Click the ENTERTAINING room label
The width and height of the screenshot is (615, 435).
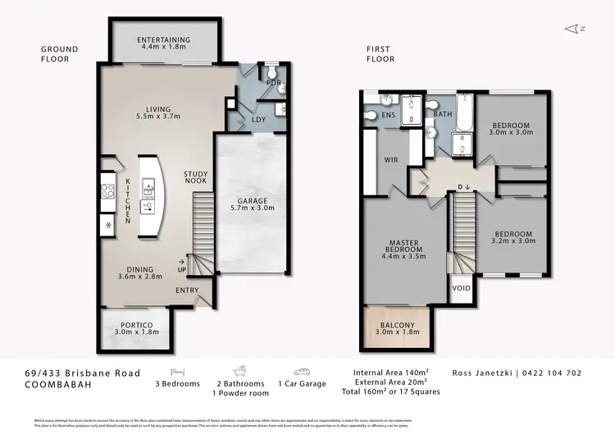click(164, 39)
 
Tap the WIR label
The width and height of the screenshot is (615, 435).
click(391, 160)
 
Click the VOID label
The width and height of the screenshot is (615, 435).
click(461, 289)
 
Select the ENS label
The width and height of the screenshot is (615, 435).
click(389, 117)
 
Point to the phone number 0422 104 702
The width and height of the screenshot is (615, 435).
click(552, 373)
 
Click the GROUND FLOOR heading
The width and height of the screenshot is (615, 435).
click(60, 54)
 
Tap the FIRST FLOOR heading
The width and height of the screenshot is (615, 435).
click(380, 54)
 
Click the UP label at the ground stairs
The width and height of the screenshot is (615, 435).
click(182, 269)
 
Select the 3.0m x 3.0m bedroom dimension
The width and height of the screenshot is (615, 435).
click(511, 131)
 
